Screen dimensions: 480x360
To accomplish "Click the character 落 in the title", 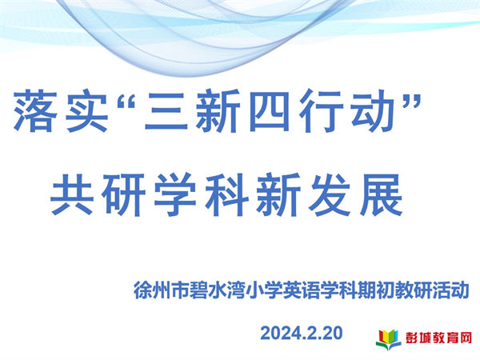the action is pyautogui.click(x=36, y=111).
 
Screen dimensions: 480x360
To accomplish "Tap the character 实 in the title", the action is pyautogui.click(x=87, y=111).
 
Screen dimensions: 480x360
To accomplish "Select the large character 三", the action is pyautogui.click(x=166, y=111).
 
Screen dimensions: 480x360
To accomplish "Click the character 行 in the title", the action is pyautogui.click(x=322, y=111).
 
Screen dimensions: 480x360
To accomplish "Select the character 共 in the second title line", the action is pyautogui.click(x=72, y=194).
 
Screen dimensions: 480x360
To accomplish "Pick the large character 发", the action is pyautogui.click(x=330, y=194).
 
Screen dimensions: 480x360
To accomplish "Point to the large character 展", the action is pyautogui.click(x=382, y=194).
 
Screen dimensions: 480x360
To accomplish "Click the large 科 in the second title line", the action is pyautogui.click(x=227, y=194).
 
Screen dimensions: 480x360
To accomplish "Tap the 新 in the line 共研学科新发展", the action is pyautogui.click(x=278, y=194).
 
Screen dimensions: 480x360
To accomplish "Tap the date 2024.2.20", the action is pyautogui.click(x=302, y=333).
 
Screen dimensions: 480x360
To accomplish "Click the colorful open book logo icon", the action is pyautogui.click(x=388, y=339).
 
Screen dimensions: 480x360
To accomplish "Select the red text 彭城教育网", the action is pyautogui.click(x=438, y=338).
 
